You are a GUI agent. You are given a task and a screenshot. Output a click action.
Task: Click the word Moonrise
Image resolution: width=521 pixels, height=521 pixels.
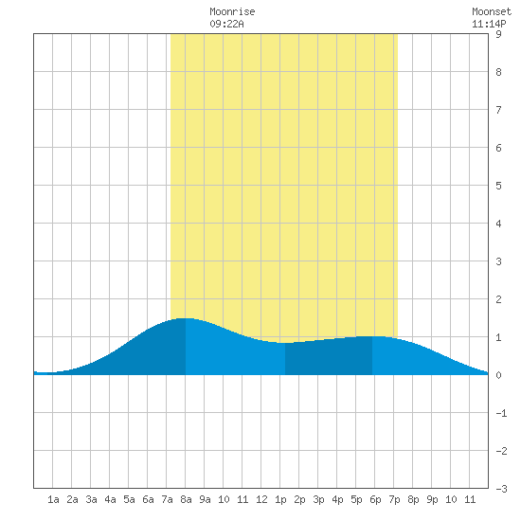(x=232, y=12)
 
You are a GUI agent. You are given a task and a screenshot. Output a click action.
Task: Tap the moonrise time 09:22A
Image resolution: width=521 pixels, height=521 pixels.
(x=226, y=24)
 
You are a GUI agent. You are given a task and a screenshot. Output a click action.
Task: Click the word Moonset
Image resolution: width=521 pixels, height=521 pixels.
(x=492, y=12)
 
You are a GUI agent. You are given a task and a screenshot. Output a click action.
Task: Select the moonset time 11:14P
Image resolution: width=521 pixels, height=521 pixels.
(x=489, y=24)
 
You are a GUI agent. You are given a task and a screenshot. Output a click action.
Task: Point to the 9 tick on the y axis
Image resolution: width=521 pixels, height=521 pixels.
(x=498, y=34)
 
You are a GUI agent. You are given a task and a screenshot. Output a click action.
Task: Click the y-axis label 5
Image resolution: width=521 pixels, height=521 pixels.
(x=498, y=186)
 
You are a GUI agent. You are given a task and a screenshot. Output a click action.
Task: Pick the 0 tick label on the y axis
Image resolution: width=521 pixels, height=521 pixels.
(x=498, y=375)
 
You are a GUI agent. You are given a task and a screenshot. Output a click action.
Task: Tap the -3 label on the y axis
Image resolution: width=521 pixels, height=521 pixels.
(x=501, y=489)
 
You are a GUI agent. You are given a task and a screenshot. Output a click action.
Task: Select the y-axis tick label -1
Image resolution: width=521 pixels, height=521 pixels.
(x=501, y=413)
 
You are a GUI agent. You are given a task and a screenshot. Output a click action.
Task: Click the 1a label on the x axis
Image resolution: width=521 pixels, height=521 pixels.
(x=53, y=499)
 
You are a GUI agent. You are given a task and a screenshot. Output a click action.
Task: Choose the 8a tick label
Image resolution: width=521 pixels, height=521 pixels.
(x=186, y=499)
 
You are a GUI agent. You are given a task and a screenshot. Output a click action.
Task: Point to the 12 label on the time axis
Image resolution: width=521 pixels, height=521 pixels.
(x=261, y=499)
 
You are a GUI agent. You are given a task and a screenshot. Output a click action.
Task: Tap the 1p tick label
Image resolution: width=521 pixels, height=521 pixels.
(x=280, y=499)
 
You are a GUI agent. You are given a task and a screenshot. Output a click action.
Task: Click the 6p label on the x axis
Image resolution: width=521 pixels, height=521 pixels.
(x=375, y=499)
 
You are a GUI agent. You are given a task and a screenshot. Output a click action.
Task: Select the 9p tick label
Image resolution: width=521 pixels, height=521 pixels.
(x=432, y=499)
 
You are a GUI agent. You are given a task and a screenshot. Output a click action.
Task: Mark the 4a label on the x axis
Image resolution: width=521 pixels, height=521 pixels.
(x=110, y=499)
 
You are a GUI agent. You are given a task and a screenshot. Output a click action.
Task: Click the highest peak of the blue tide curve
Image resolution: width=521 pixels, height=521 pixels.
(x=185, y=318)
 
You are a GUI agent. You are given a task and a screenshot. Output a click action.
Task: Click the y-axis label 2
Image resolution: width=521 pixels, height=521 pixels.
(x=498, y=299)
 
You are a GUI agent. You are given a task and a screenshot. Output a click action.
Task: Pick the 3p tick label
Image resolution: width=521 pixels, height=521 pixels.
(x=318, y=499)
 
